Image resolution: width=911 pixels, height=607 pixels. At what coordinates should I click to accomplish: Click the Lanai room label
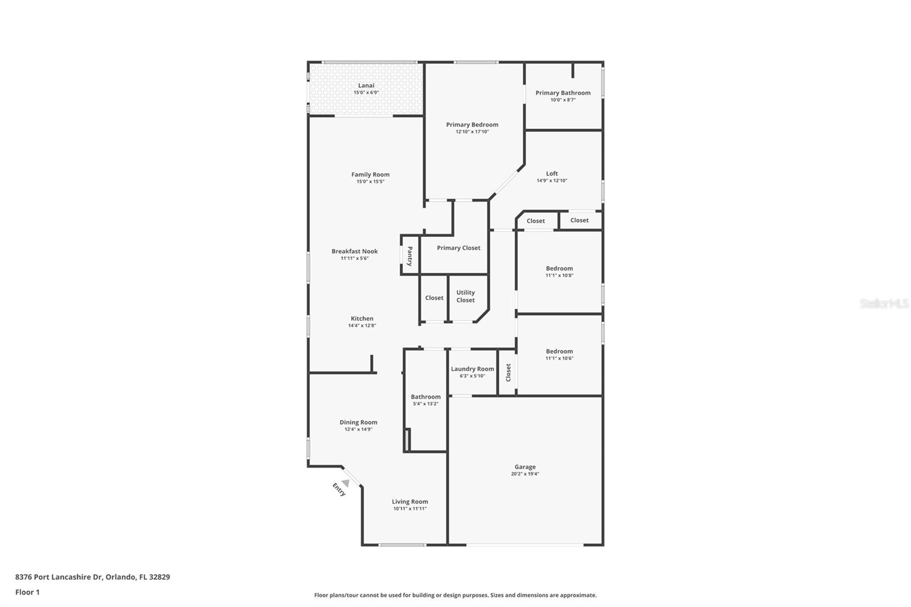(366, 85)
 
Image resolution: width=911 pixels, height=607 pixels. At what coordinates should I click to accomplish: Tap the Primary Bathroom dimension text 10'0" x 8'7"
(563, 100)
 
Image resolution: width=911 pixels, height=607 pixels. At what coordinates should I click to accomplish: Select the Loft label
(552, 174)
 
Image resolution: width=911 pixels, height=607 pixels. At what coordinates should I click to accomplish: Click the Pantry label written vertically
(409, 256)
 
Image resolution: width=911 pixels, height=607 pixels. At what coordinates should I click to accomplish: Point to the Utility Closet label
(465, 296)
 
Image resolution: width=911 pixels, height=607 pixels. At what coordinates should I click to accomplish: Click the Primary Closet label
(458, 248)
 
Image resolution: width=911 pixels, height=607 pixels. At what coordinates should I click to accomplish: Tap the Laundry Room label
(472, 369)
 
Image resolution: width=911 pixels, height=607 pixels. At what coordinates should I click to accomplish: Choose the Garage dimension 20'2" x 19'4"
(524, 474)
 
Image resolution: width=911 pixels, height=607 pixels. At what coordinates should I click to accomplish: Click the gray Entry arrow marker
(345, 483)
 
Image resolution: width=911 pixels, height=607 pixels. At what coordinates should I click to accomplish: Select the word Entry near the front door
(339, 489)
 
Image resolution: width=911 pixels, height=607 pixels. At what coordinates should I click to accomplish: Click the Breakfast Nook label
(355, 251)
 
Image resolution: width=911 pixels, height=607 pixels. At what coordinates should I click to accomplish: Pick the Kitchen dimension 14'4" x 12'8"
(362, 326)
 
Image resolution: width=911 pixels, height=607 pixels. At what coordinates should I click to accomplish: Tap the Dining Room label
(358, 423)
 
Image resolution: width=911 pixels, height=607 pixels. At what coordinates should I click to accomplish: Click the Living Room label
(409, 502)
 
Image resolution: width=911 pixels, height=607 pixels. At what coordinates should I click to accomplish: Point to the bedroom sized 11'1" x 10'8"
(559, 272)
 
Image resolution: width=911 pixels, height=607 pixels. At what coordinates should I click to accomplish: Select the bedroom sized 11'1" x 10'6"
(559, 354)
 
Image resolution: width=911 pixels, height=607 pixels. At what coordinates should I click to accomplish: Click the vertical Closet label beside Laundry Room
(508, 372)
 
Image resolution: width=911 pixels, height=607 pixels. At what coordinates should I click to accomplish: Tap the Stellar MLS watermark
(884, 304)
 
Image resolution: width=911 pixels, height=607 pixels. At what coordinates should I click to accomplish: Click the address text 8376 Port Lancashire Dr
(59, 577)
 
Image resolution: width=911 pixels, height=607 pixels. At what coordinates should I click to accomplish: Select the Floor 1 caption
(27, 592)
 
